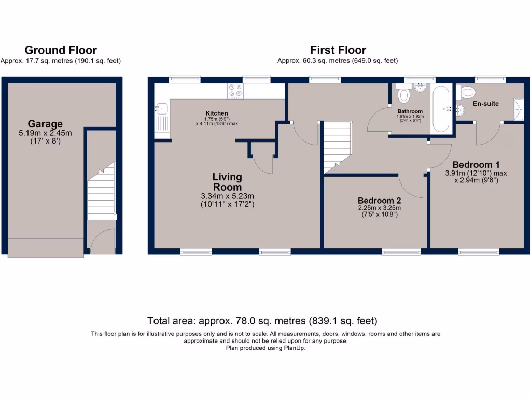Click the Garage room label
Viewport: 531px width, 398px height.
click(45, 124)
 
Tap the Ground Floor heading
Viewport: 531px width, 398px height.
click(61, 50)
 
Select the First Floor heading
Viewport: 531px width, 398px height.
click(338, 50)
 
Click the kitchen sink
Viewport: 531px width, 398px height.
click(160, 109)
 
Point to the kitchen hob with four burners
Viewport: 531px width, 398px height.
click(235, 91)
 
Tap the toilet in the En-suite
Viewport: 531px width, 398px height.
click(468, 92)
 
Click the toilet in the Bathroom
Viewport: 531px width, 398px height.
click(403, 96)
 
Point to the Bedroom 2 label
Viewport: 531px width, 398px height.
click(380, 201)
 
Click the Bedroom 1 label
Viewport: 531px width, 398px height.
click(476, 164)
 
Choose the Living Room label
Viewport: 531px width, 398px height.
click(227, 182)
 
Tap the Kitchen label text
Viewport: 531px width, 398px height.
click(217, 113)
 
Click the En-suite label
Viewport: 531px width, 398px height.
click(486, 104)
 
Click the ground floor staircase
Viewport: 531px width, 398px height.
click(101, 190)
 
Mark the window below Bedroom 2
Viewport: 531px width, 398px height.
click(401, 252)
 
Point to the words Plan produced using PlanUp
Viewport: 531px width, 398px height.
click(265, 348)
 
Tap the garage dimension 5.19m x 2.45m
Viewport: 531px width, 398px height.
click(45, 133)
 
